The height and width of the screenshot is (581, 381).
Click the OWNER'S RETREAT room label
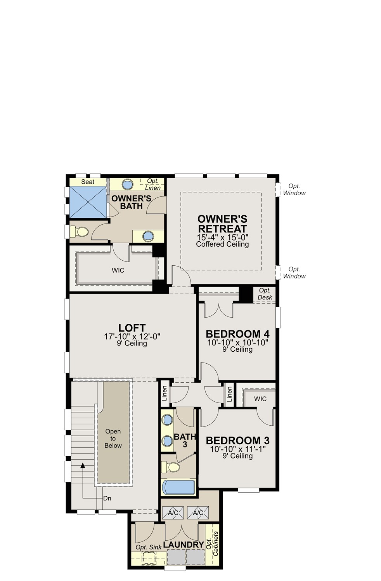pyautogui.click(x=222, y=224)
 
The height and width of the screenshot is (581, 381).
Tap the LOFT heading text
pyautogui.click(x=132, y=328)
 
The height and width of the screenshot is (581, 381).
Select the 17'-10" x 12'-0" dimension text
pyautogui.click(x=132, y=337)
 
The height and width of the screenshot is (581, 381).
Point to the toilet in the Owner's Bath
pyautogui.click(x=79, y=232)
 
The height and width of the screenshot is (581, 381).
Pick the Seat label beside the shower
pyautogui.click(x=88, y=182)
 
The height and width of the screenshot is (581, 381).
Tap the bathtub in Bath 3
pyautogui.click(x=178, y=487)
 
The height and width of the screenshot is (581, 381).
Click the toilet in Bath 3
pyautogui.click(x=171, y=467)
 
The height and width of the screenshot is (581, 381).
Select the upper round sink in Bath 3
pyautogui.click(x=167, y=420)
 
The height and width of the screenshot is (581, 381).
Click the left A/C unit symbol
pyautogui.click(x=173, y=513)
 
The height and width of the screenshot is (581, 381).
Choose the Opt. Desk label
pyautogui.click(x=265, y=294)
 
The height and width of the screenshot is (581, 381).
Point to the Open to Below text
pyautogui.click(x=113, y=438)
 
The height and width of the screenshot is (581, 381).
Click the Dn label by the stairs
pyautogui.click(x=107, y=498)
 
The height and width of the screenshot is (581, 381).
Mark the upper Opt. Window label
pyautogui.click(x=294, y=189)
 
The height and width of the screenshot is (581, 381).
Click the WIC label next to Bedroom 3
pyautogui.click(x=260, y=399)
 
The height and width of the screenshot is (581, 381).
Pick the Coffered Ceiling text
pyautogui.click(x=222, y=244)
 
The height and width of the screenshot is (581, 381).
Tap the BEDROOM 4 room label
pyautogui.click(x=238, y=334)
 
